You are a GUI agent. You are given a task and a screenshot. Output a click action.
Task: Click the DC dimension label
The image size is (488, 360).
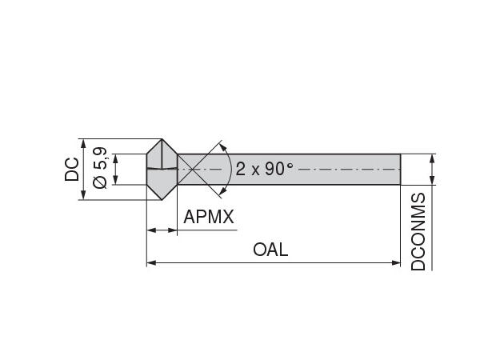pos(72,169)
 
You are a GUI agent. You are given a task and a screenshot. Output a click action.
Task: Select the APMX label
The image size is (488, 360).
pos(209,217)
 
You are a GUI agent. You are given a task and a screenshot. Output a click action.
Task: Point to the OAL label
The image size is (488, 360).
pos(270,249)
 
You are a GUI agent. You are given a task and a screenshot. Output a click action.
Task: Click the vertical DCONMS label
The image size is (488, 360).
pos(418,231)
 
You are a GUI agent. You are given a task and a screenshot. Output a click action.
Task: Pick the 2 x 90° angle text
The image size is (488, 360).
pos(265,169)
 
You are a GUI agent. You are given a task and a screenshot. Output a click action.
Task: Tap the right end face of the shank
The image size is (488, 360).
pos(399,170)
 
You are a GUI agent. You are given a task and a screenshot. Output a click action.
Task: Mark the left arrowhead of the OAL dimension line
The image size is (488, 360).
pos(150,262)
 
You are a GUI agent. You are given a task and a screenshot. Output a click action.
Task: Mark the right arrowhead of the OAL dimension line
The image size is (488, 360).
pos(396,262)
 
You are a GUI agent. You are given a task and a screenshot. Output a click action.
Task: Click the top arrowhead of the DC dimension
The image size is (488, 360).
pos(84,143)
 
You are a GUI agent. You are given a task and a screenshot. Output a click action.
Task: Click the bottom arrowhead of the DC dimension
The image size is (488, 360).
pos(84,196)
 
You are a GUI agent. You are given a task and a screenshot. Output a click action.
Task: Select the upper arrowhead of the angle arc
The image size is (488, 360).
pos(223,148)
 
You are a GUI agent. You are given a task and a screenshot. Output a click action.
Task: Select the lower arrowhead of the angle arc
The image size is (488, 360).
pos(223,190)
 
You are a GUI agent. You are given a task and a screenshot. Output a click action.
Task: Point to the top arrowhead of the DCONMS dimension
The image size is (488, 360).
pos(433,158)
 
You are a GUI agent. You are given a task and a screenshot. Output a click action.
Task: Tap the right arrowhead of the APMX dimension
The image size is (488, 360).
pos(173,230)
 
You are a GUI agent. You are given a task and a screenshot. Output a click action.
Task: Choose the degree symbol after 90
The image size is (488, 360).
pos(290,165)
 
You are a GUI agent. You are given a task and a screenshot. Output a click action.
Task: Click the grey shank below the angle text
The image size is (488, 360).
pos(320,179)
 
